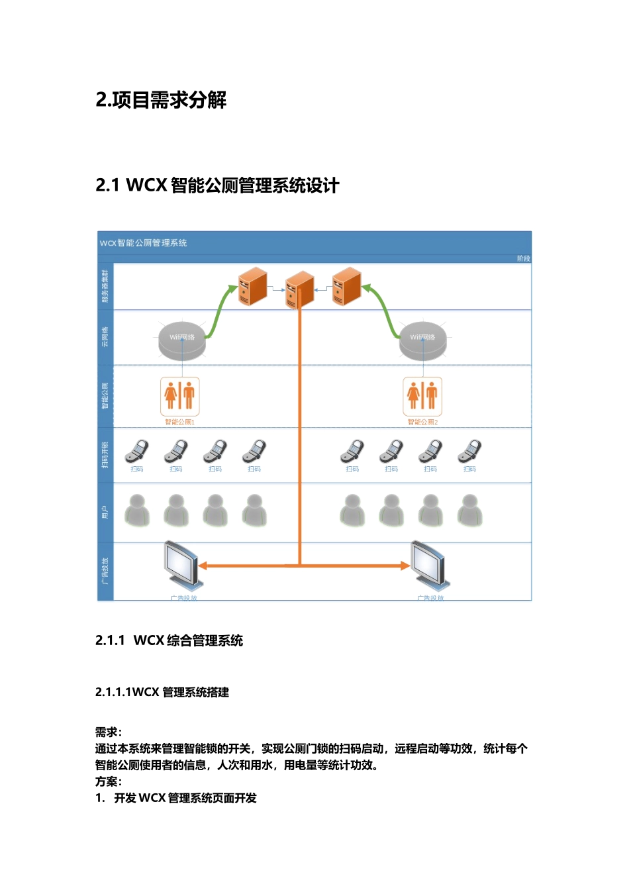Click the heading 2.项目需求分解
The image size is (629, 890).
(161, 100)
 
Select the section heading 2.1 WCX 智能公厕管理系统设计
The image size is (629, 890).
(217, 185)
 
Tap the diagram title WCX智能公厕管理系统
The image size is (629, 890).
(144, 243)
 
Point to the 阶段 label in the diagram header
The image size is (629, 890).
(523, 258)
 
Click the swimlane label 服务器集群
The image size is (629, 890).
(105, 286)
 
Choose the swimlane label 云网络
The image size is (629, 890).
(105, 336)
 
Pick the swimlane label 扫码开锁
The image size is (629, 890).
(105, 455)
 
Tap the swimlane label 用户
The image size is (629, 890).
(105, 512)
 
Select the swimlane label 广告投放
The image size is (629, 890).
(105, 571)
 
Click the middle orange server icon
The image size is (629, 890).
(300, 289)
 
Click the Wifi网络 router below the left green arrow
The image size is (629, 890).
(182, 340)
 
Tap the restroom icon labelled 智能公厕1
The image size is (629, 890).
(180, 396)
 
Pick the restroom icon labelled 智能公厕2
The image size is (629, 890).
(422, 396)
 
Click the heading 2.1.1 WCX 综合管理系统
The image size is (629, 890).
(169, 640)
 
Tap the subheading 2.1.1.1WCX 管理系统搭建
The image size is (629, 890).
(162, 692)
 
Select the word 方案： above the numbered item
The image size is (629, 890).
(109, 781)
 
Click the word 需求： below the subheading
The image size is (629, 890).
(109, 732)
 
